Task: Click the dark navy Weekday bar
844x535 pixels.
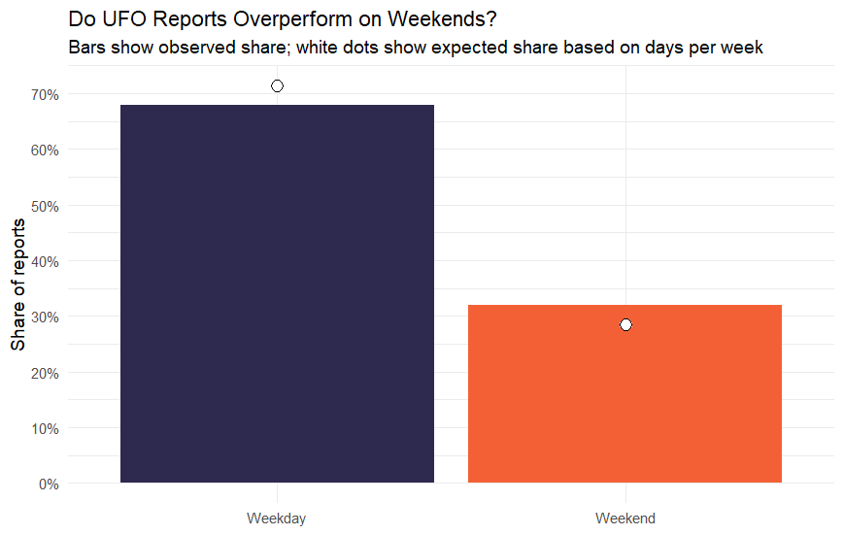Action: coord(277,294)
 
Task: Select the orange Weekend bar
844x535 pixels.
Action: coord(625,394)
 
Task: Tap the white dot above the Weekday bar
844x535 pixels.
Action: coord(277,86)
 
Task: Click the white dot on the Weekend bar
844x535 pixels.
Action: coord(625,325)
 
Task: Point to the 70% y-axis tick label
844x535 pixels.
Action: coord(46,95)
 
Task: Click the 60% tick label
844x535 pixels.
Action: coord(46,150)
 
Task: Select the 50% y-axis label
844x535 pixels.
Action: coord(46,207)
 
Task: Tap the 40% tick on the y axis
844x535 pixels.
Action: coord(46,262)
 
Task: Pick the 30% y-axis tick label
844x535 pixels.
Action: coord(46,318)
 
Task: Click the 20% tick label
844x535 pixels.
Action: coord(46,374)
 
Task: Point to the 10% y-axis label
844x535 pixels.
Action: coord(46,429)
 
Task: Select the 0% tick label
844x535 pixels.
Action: coord(49,485)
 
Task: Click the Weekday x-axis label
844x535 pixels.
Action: coord(277,518)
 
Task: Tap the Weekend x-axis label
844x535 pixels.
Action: coord(625,518)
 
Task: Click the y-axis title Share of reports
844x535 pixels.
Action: coord(17,284)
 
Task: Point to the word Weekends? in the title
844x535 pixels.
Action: coord(442,18)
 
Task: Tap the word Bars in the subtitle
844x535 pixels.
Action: coord(86,48)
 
